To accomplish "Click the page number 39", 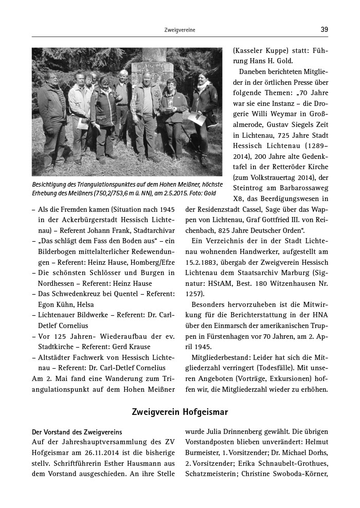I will (x=324, y=30).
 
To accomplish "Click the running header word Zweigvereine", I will (x=179, y=30).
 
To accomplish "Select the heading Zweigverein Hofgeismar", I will (x=179, y=412).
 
